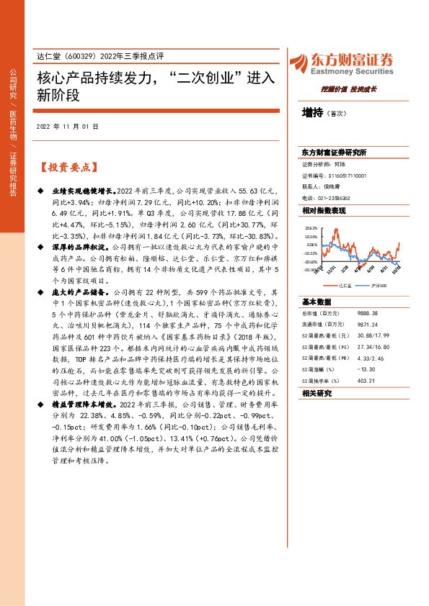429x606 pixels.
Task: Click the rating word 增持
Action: click(312, 112)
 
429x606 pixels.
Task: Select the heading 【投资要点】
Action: click(66, 168)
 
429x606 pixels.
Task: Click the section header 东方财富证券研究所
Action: click(335, 153)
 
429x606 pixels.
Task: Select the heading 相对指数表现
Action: click(324, 211)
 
